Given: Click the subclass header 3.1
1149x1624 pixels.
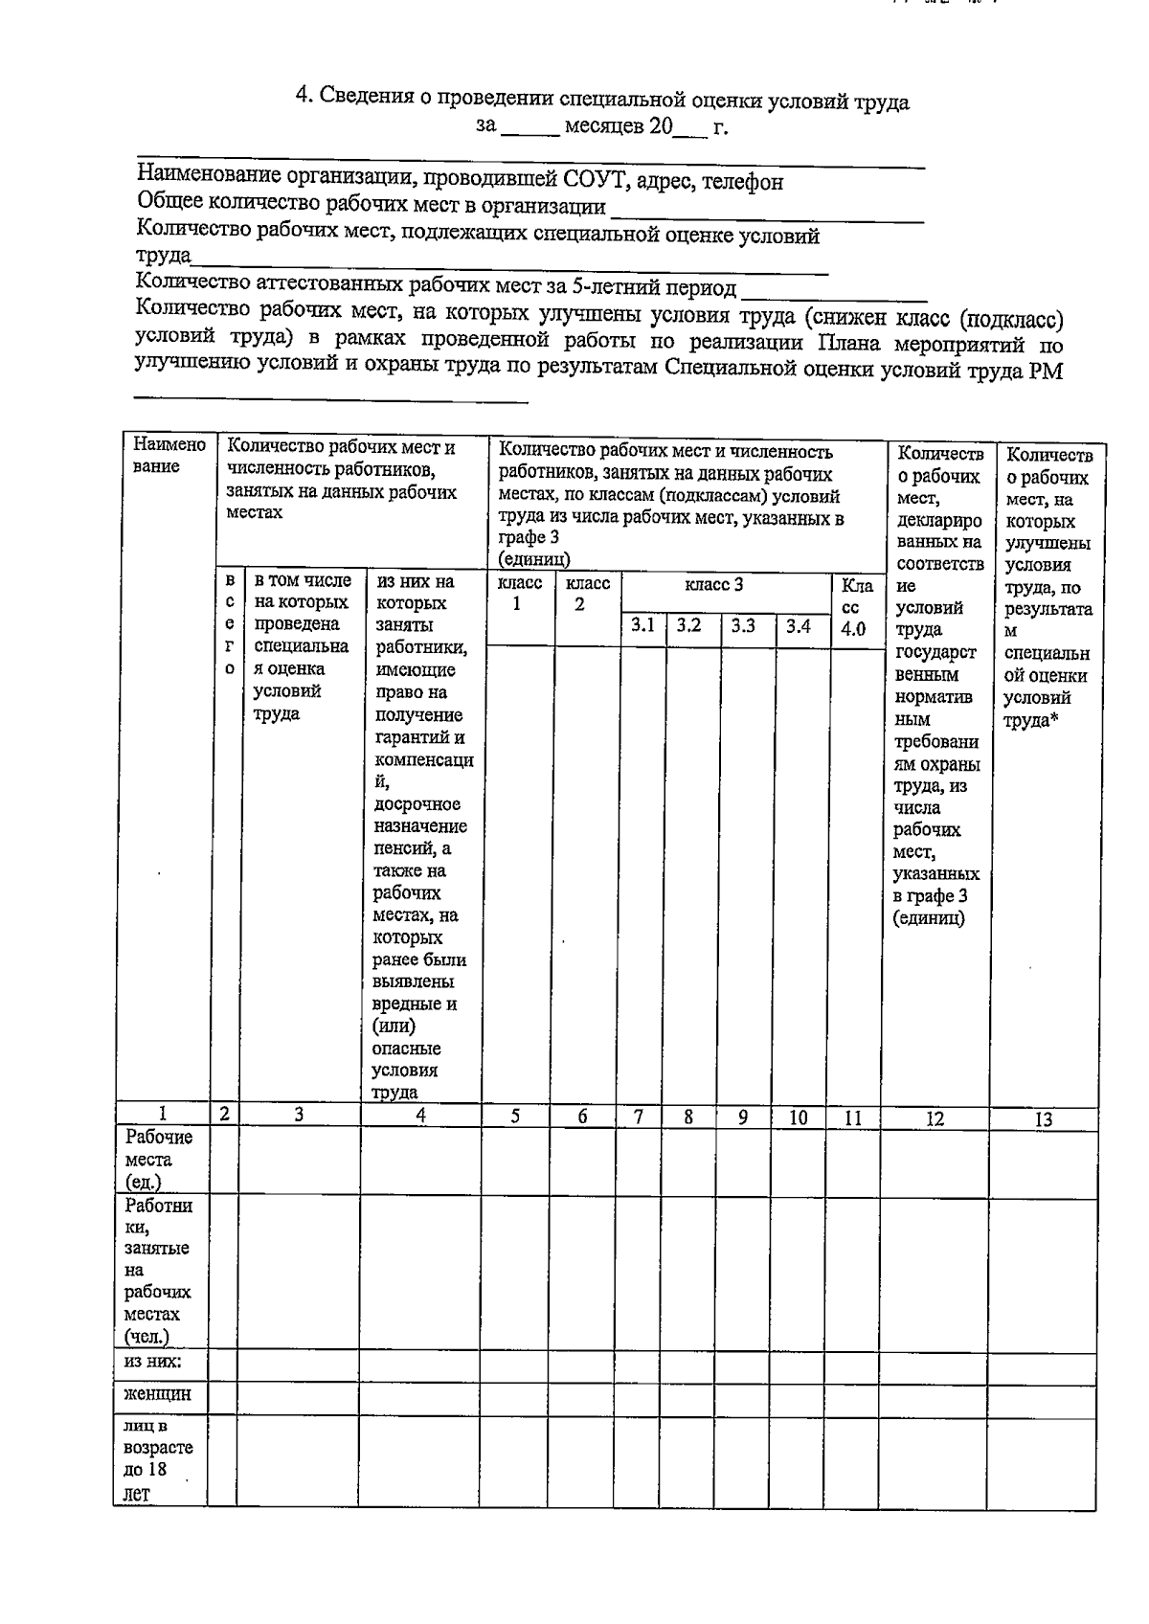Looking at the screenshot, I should pyautogui.click(x=642, y=626).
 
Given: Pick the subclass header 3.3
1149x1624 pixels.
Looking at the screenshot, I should pyautogui.click(x=744, y=626).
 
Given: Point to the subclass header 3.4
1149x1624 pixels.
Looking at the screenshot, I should pyautogui.click(x=799, y=626).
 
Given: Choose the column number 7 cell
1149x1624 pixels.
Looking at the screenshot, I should pyautogui.click(x=639, y=1116).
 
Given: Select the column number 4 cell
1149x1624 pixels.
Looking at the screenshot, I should pyautogui.click(x=420, y=1115).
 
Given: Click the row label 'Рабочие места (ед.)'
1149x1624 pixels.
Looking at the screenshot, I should pyautogui.click(x=159, y=1160).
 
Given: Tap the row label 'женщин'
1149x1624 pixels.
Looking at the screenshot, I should pyautogui.click(x=157, y=1394).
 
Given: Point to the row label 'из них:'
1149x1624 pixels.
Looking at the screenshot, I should pyautogui.click(x=153, y=1362).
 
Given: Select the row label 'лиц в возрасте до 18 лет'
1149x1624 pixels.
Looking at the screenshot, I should pyautogui.click(x=158, y=1459).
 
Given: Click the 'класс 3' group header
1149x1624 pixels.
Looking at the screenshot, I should pyautogui.click(x=713, y=585).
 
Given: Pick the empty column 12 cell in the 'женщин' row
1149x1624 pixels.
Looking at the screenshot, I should pyautogui.click(x=934, y=1396).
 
